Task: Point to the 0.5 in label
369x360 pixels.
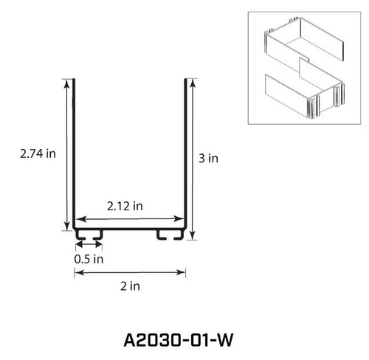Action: [89, 259]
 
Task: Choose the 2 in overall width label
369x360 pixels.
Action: [130, 287]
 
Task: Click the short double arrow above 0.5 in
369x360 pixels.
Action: [88, 244]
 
